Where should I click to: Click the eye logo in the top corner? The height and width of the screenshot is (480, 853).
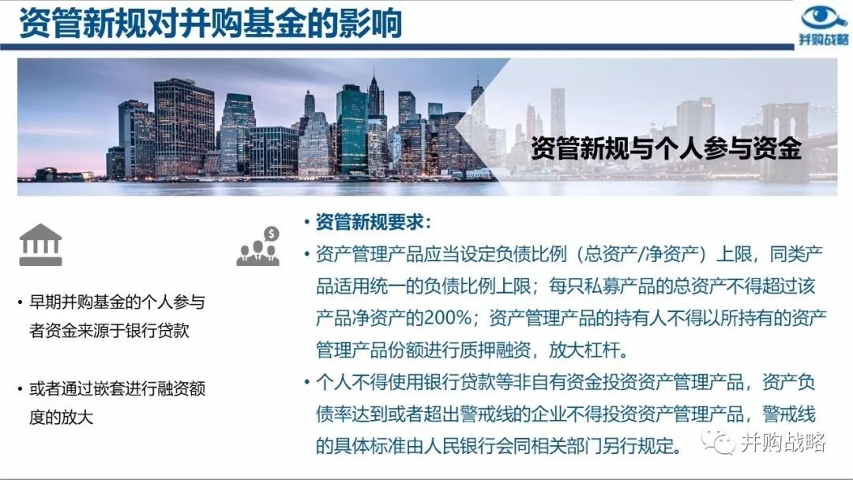(824, 17)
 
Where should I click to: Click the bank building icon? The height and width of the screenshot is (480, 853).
(40, 245)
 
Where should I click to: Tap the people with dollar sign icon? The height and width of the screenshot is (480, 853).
(258, 246)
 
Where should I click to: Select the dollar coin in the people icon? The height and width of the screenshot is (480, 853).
(271, 234)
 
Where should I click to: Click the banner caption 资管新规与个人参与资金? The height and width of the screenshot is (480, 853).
(666, 148)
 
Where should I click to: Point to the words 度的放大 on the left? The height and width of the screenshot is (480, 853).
(61, 417)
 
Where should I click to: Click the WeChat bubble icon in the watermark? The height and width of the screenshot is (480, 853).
(717, 441)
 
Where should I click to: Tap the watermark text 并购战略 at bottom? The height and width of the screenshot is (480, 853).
(783, 442)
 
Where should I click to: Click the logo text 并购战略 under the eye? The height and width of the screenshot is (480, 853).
(824, 39)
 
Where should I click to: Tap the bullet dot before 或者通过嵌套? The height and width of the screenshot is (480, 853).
(20, 389)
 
